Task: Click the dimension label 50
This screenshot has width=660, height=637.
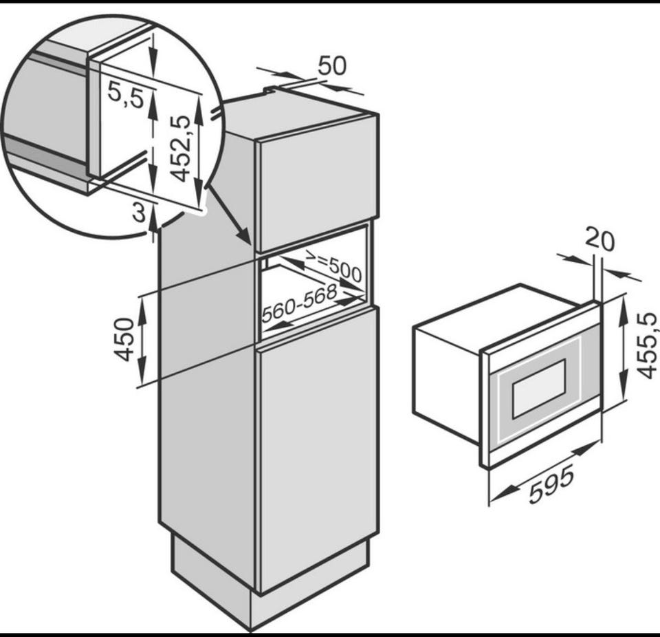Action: click(x=333, y=65)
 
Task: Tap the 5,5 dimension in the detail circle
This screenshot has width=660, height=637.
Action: click(x=125, y=95)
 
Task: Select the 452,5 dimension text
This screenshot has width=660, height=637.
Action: click(x=179, y=149)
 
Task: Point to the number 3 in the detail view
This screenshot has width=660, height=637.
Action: click(x=140, y=213)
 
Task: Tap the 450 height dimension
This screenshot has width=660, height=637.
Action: click(x=124, y=339)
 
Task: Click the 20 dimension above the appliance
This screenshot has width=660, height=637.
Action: click(x=600, y=240)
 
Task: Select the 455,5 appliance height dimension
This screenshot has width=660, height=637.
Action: click(x=646, y=346)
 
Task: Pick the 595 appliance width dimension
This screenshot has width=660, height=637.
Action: click(x=551, y=486)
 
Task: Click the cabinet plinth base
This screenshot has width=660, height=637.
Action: click(x=269, y=585)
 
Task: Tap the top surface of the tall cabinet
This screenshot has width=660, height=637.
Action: click(x=299, y=111)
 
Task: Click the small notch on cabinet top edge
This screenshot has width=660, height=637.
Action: click(x=270, y=89)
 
